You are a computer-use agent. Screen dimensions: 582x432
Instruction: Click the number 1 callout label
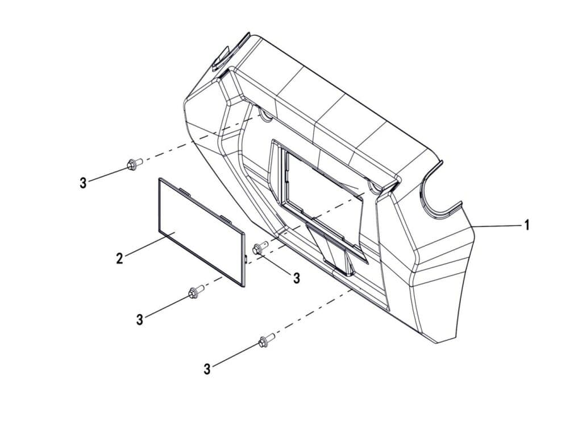[x=526, y=225]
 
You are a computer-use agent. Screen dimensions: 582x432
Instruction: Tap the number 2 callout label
[x=119, y=258]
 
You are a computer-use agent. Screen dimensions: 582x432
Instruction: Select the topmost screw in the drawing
[x=135, y=163]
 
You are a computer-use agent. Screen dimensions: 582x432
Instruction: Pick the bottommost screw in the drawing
[x=267, y=340]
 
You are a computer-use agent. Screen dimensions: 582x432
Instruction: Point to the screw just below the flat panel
[x=196, y=292]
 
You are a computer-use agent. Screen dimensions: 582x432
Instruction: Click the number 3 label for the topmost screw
[x=83, y=183]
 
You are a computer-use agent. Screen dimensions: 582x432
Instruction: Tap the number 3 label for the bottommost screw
[x=207, y=369]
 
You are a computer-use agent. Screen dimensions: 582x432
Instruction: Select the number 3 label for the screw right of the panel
[x=297, y=278]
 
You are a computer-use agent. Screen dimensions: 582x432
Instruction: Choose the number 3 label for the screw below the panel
[x=140, y=319]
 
